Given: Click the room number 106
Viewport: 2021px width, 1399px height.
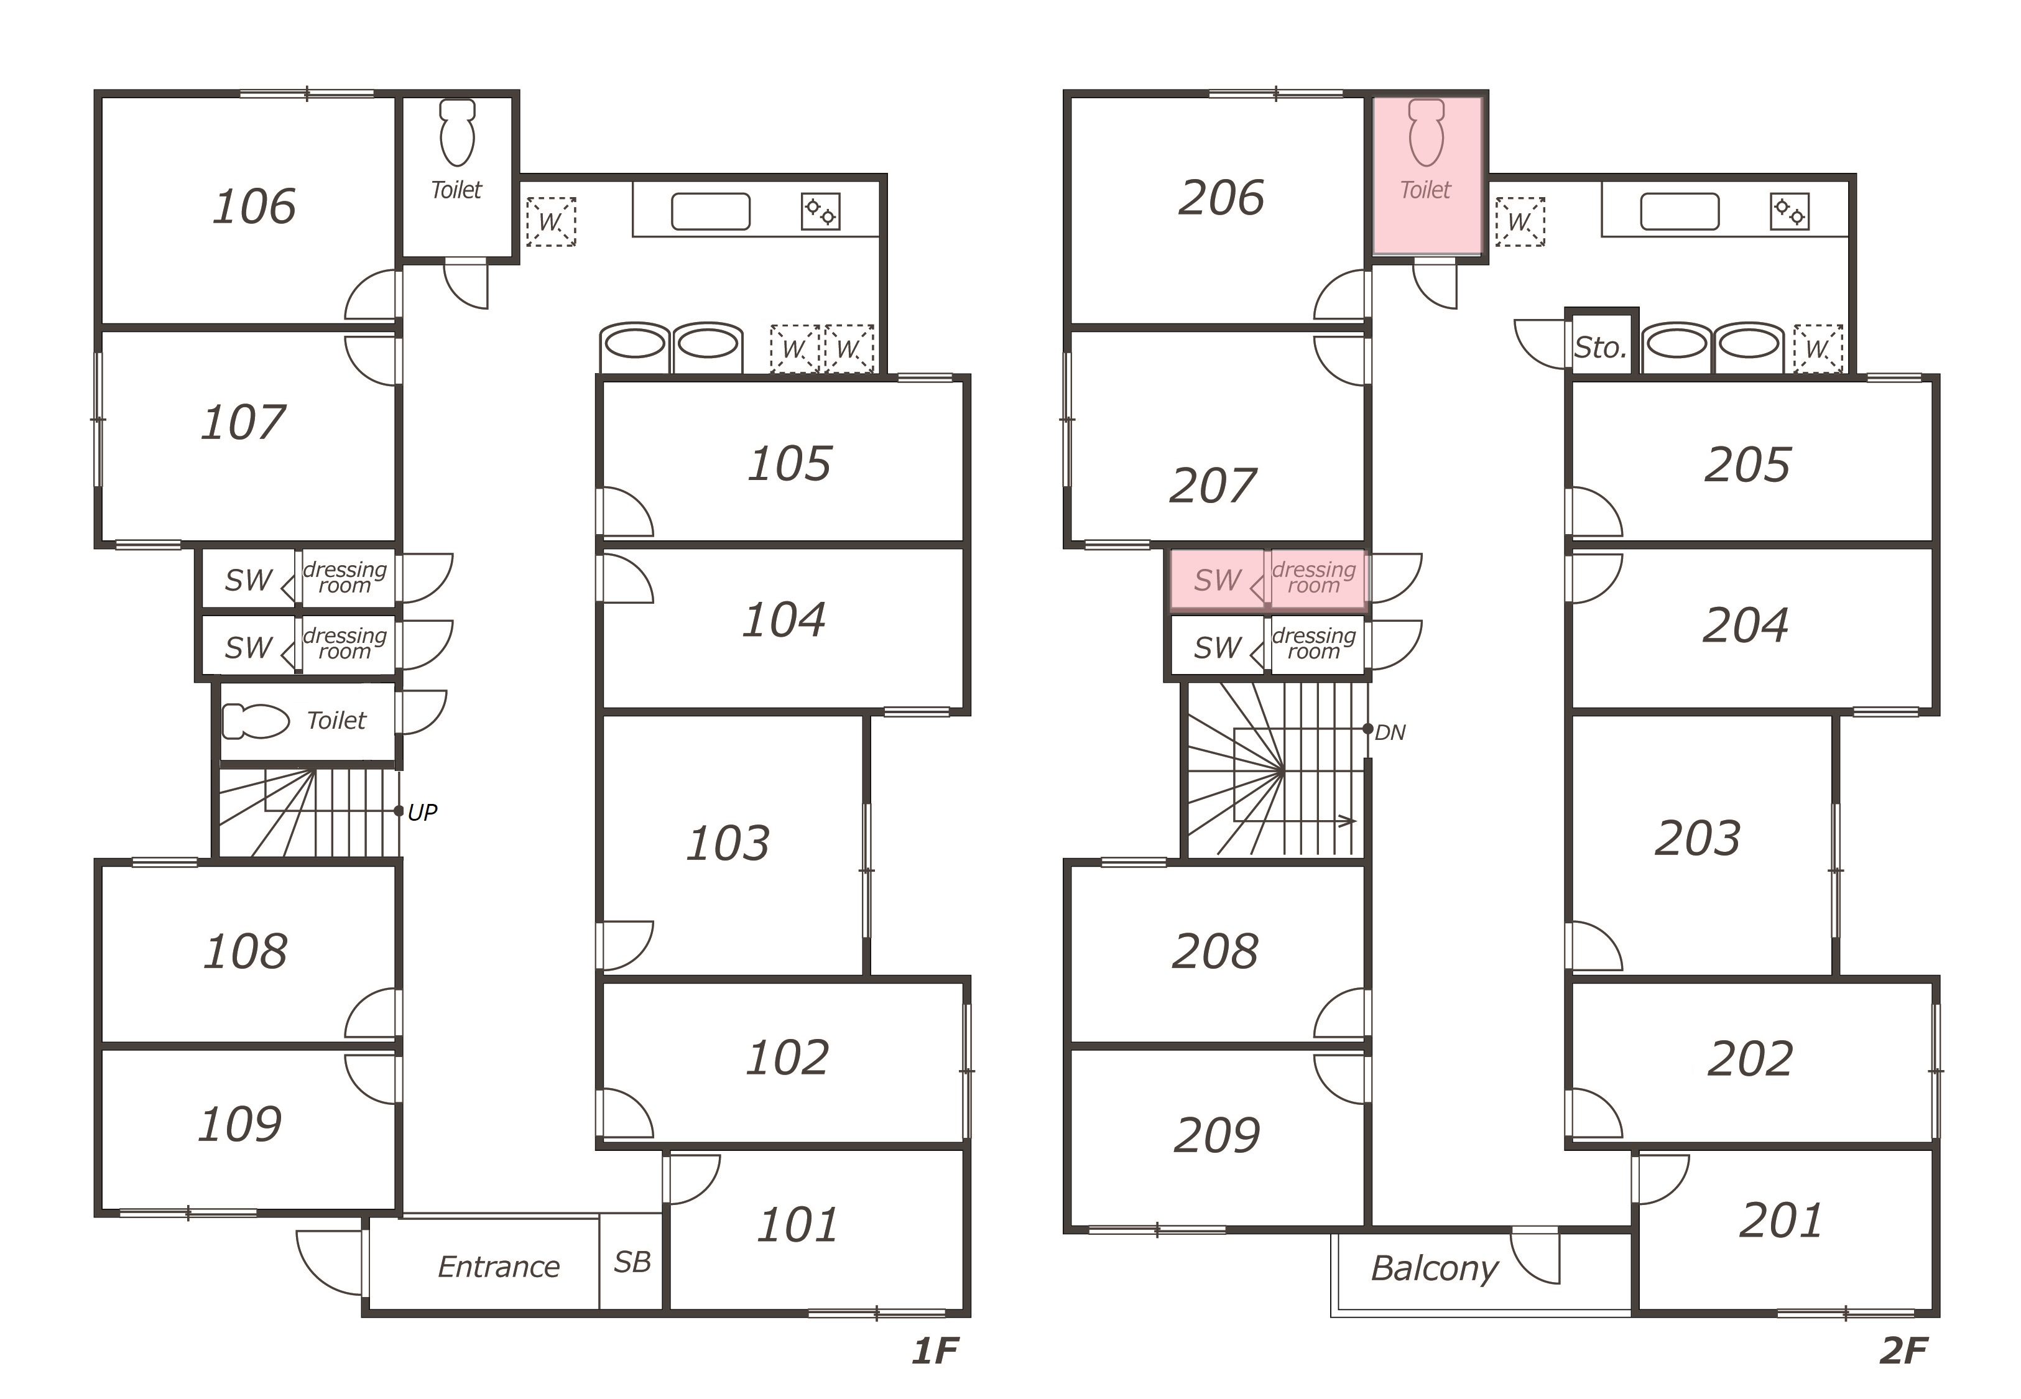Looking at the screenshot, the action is [x=254, y=207].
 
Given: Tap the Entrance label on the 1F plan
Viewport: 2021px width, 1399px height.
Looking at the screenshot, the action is [x=499, y=1267].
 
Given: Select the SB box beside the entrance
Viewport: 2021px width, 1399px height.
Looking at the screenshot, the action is [x=631, y=1262].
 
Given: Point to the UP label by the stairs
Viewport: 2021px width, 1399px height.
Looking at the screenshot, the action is [x=422, y=813].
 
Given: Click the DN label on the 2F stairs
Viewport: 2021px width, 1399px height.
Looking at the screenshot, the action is [x=1390, y=733].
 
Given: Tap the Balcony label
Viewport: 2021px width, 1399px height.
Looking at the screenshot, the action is [x=1435, y=1269].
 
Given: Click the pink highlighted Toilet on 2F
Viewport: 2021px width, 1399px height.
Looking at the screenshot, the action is [x=1427, y=175].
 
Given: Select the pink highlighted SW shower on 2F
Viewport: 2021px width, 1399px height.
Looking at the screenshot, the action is [x=1218, y=579].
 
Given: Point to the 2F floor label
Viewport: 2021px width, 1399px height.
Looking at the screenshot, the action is [x=1903, y=1352].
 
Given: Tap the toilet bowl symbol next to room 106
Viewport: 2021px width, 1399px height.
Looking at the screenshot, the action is [x=456, y=132].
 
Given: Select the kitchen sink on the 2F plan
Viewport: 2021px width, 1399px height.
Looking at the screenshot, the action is [x=1679, y=211].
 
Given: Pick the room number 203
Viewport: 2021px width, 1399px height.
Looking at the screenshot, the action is [x=1698, y=839].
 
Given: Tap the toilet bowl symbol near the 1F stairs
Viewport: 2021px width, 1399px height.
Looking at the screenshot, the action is [x=255, y=721].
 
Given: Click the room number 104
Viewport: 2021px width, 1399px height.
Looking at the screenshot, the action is [x=784, y=621].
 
